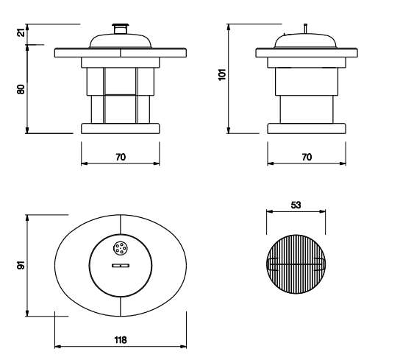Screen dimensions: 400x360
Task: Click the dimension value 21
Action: coord(22,32)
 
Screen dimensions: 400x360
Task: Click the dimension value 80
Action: coord(21,89)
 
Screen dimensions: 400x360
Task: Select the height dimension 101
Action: coord(222,74)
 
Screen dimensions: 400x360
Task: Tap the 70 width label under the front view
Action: coord(121,157)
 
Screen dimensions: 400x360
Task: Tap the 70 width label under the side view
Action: coord(307,157)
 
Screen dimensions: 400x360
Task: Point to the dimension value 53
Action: coord(296,205)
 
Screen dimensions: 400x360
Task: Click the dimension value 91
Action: coord(21,265)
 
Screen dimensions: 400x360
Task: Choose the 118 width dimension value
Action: coord(121,340)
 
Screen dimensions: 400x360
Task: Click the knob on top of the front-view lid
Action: coord(121,29)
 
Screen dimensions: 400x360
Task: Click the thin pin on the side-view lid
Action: coord(305,29)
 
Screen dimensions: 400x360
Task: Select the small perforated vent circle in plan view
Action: coord(121,248)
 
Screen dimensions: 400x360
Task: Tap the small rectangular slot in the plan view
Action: coord(121,266)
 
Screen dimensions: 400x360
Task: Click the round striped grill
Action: coord(296,264)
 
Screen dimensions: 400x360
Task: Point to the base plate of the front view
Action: coord(121,129)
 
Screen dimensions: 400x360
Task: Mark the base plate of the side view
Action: coord(307,129)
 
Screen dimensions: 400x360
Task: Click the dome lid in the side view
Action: coord(305,40)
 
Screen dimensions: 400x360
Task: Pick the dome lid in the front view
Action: coord(121,40)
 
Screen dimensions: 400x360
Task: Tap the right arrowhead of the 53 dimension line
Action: coord(323,211)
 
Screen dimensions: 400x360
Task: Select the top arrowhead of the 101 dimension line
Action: coord(229,27)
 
